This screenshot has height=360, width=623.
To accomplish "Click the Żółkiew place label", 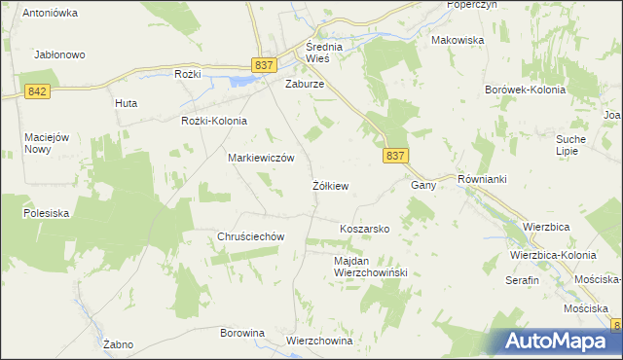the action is point(330,185).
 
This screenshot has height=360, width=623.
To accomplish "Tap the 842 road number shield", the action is point(38,91).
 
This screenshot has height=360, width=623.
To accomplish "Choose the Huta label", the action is point(126,102).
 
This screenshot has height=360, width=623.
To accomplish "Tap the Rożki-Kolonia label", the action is point(214,121).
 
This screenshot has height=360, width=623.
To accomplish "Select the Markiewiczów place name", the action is point(261,158).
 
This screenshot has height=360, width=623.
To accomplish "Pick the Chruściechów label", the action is point(250,236).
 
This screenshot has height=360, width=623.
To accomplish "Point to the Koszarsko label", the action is point(365,229).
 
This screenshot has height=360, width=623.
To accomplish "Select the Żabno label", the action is point(118,344).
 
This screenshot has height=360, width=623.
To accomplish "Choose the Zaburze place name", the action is point(304,85).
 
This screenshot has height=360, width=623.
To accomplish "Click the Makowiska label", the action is point(458,40).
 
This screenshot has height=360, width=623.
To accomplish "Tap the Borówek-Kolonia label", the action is point(526,90).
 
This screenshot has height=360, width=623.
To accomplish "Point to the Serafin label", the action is point(522,280).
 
